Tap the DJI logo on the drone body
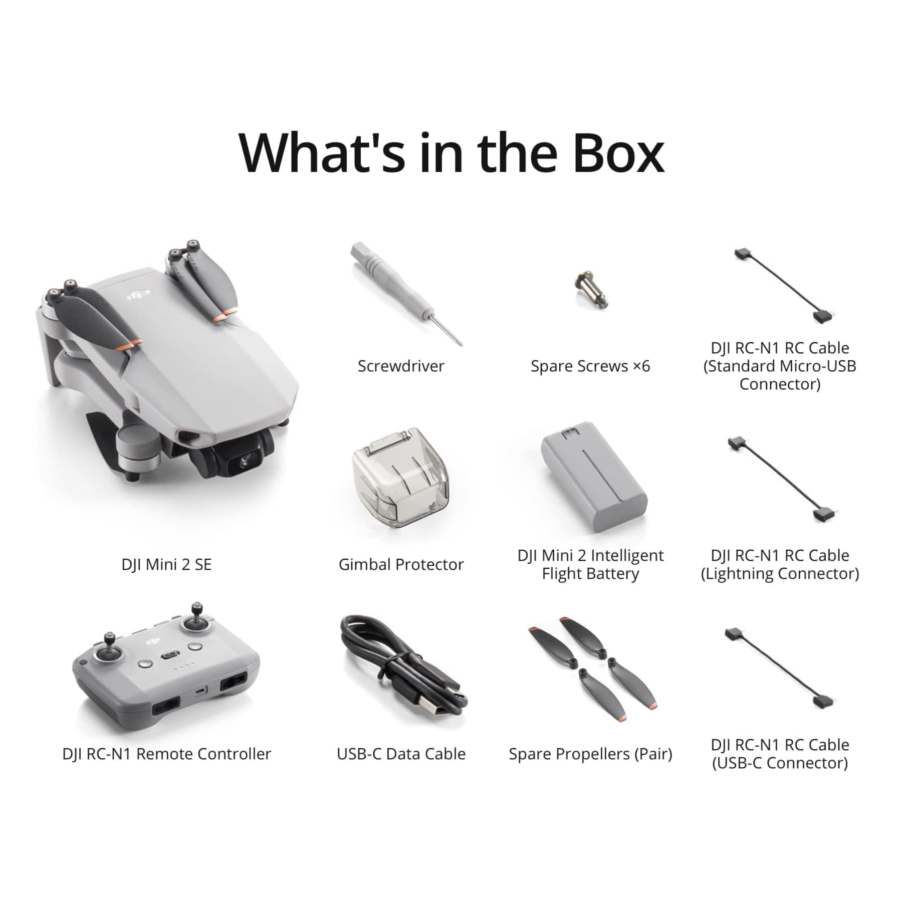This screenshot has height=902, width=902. (x=139, y=294)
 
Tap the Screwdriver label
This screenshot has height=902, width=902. (x=401, y=366)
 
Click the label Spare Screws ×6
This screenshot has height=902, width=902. (x=590, y=366)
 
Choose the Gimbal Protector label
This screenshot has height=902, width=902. (x=401, y=565)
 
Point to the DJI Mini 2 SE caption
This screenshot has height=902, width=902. (x=166, y=565)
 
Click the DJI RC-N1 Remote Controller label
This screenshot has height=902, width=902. (x=166, y=754)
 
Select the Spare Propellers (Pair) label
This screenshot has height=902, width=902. (x=590, y=754)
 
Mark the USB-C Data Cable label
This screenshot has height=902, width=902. (x=401, y=754)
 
